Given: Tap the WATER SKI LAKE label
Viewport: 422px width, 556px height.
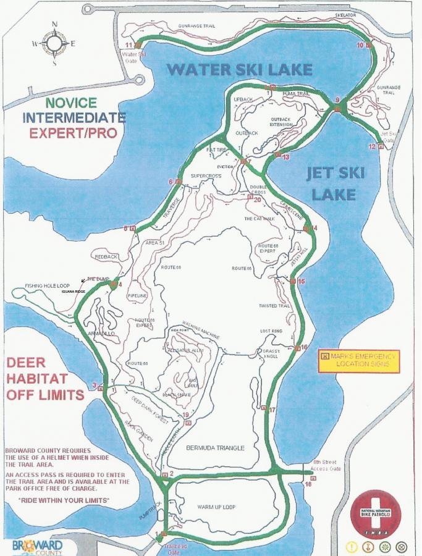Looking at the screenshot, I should click(x=240, y=69).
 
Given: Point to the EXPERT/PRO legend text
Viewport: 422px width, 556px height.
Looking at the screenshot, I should click(x=73, y=132).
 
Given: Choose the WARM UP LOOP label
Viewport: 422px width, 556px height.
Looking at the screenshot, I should click(x=216, y=507).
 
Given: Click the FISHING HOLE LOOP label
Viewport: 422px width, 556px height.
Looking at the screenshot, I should click(x=46, y=286).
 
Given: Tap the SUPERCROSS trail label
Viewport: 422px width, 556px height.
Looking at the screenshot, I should click(x=206, y=176).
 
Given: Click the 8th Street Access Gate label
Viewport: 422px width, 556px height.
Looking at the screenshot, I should click(x=326, y=465).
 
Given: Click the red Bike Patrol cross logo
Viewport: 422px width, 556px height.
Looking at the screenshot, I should click(x=375, y=513).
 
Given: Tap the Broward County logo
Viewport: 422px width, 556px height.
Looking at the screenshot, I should click(x=37, y=547).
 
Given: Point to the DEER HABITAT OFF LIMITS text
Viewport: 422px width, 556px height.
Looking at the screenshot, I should click(x=44, y=377).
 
